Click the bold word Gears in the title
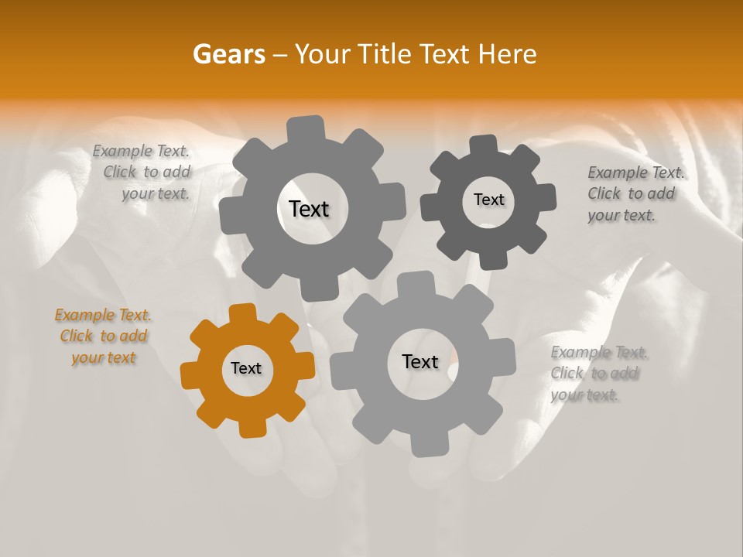pyautogui.click(x=229, y=54)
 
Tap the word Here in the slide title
pyautogui.click(x=508, y=54)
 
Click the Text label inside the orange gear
pyautogui.click(x=246, y=369)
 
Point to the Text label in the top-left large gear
pyautogui.click(x=309, y=209)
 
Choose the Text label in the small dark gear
pyautogui.click(x=488, y=200)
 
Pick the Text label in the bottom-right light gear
pyautogui.click(x=420, y=362)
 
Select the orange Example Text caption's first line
pyautogui.click(x=103, y=315)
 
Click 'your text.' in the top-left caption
pyautogui.click(x=156, y=193)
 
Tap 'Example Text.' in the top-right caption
pyautogui.click(x=636, y=173)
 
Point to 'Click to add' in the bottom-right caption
pyautogui.click(x=594, y=374)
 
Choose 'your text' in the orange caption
pyautogui.click(x=103, y=357)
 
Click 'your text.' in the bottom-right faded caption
pyautogui.click(x=584, y=395)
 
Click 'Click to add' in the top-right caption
pyautogui.click(x=631, y=193)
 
